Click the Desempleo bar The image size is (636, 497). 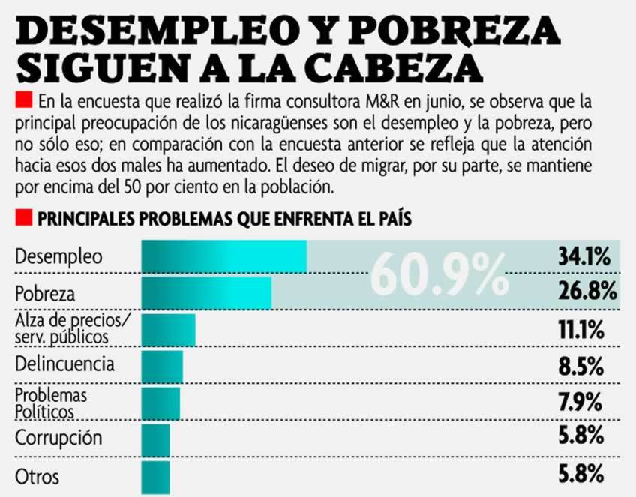(223, 257)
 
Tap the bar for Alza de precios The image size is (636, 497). (168, 330)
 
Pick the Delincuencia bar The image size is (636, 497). (162, 367)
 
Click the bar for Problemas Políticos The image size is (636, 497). (160, 403)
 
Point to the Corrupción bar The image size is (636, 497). (155, 438)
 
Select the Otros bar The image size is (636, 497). (155, 475)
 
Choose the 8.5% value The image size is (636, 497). (585, 367)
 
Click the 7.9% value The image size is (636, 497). (585, 402)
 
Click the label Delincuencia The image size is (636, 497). (65, 365)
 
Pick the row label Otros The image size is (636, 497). (37, 476)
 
